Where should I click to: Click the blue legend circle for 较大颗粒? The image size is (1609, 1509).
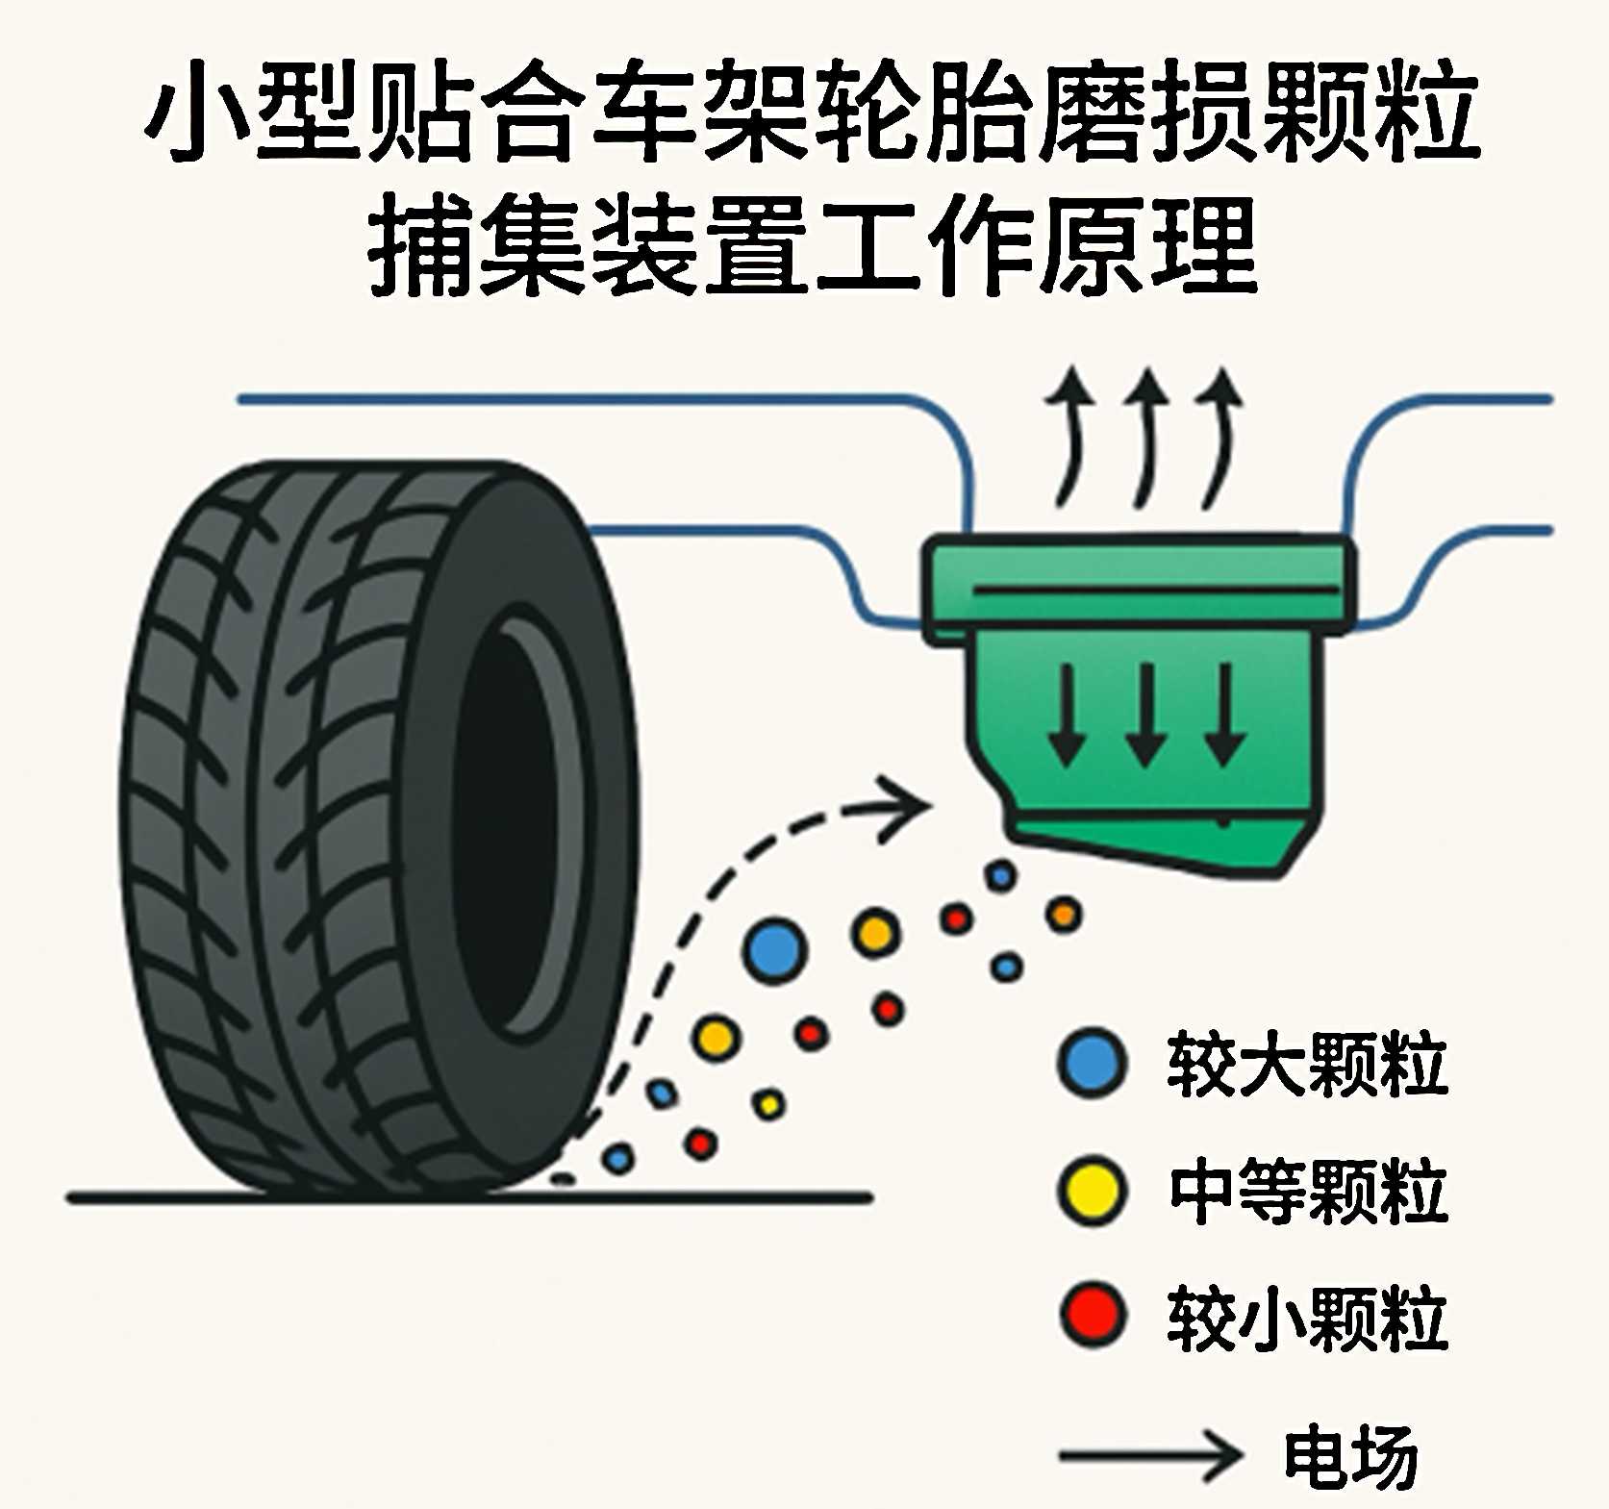1092,1063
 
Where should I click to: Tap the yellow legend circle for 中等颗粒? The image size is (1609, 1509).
1091,1192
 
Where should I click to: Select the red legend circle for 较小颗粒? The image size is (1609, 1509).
1093,1315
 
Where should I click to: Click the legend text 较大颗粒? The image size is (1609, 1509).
1307,1064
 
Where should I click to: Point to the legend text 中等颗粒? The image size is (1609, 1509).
1308,1192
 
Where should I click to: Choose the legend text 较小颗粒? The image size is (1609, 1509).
1307,1318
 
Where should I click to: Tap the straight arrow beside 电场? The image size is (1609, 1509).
1149,1455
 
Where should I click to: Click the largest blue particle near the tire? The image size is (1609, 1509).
773,950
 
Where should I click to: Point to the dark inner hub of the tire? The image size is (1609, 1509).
505,827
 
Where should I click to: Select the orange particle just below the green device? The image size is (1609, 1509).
1064,915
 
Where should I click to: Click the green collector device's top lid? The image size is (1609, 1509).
1140,577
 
